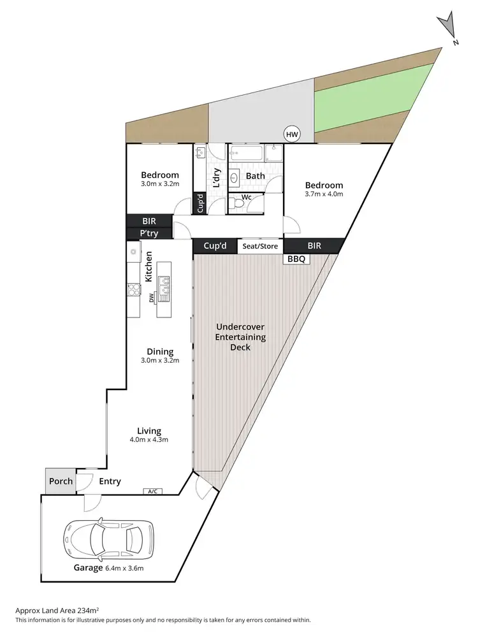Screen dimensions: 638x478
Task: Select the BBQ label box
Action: pyautogui.click(x=296, y=259)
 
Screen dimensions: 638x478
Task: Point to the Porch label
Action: pyautogui.click(x=61, y=481)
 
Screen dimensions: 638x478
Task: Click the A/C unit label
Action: pyautogui.click(x=152, y=491)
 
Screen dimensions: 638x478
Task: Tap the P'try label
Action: pyautogui.click(x=149, y=234)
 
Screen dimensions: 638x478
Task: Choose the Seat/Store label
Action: pyautogui.click(x=260, y=246)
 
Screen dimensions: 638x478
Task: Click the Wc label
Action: pyautogui.click(x=247, y=198)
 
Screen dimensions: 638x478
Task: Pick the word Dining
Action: pyautogui.click(x=160, y=351)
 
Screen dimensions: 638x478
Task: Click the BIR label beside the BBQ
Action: pyautogui.click(x=314, y=246)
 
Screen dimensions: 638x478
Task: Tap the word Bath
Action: pyautogui.click(x=256, y=176)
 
